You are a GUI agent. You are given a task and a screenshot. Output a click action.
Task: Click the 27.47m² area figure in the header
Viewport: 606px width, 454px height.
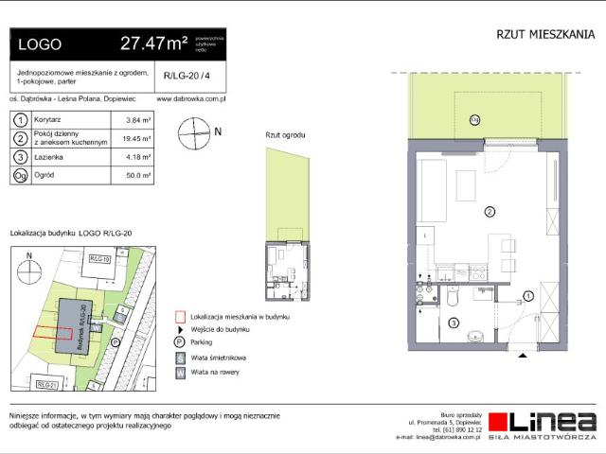(154, 44)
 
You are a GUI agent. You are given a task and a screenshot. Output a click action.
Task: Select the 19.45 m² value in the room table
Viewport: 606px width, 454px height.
(139, 139)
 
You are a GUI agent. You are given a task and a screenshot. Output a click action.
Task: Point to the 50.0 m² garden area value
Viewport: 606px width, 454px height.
(139, 175)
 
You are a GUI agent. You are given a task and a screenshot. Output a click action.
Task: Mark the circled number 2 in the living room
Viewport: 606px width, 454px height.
(490, 212)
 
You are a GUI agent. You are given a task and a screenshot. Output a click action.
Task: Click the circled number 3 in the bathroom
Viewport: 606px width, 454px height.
(454, 323)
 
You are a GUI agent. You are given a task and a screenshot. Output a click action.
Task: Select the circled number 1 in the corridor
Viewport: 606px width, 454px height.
(528, 296)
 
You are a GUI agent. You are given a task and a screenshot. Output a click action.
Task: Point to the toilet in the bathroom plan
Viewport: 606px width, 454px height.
(454, 298)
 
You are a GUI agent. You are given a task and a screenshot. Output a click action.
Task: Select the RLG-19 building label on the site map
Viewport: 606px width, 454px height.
(101, 258)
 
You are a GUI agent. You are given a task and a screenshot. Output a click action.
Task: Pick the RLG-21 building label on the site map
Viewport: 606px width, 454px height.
(48, 385)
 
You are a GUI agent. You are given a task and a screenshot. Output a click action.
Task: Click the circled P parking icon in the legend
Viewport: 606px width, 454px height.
(179, 342)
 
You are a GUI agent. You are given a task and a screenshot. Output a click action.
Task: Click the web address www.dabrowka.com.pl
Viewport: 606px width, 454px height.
(188, 97)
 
